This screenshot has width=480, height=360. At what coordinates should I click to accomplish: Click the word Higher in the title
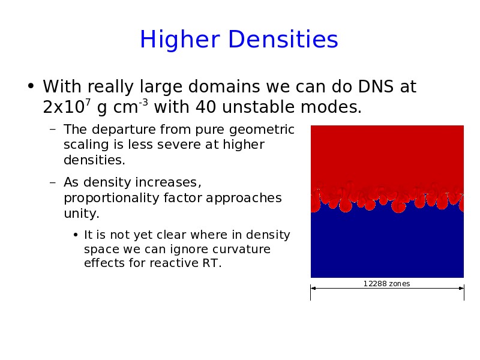tap(180, 40)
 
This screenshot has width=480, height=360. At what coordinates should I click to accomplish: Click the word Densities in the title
tap(283, 39)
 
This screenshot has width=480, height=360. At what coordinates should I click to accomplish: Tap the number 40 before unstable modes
tap(206, 107)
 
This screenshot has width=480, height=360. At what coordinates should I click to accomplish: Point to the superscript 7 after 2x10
tap(88, 102)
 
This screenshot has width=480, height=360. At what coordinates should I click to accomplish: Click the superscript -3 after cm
tap(143, 102)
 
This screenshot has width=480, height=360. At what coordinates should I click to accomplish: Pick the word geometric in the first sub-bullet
tap(262, 130)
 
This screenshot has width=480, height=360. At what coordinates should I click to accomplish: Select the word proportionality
tap(112, 198)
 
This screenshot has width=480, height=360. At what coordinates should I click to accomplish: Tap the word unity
tap(82, 214)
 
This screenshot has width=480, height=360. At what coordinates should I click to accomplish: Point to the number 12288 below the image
tap(376, 284)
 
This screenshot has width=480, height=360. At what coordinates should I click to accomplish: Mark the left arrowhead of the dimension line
tap(313, 288)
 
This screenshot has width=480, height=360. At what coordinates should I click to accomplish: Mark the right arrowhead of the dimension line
tap(461, 288)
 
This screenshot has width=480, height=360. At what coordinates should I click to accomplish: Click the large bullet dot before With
tap(31, 86)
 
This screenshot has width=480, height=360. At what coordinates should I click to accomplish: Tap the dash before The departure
tap(53, 129)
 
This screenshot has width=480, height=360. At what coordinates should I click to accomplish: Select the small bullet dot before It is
tap(76, 235)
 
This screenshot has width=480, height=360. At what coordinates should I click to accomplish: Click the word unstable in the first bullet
tap(259, 107)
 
